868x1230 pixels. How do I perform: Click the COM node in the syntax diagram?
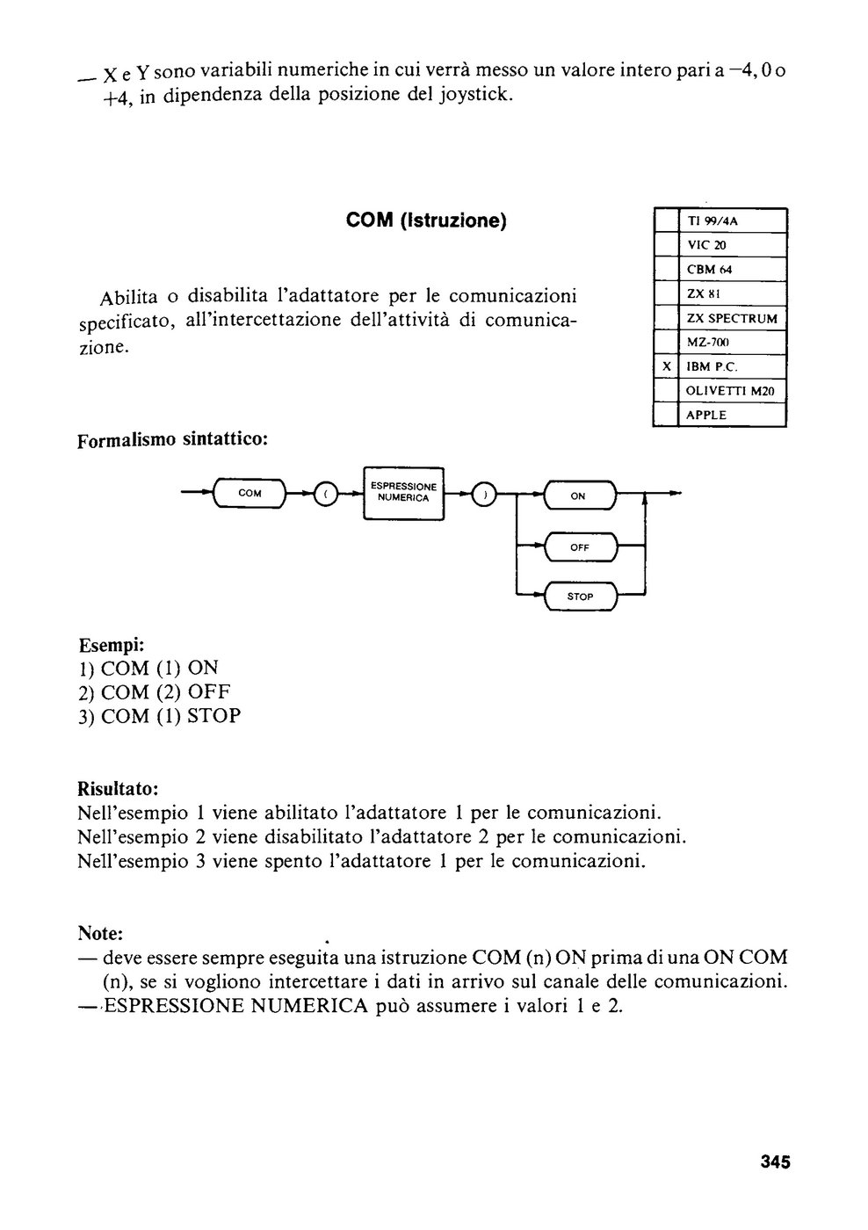(250, 493)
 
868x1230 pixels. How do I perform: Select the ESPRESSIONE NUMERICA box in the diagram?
(403, 493)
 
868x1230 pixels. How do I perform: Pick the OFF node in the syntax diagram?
(581, 546)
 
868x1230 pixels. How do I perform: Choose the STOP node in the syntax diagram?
(581, 597)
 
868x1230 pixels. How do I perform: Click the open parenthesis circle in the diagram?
(325, 494)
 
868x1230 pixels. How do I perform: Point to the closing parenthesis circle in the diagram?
(484, 494)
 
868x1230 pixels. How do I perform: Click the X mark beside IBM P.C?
(667, 366)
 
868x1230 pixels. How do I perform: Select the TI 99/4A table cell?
(733, 221)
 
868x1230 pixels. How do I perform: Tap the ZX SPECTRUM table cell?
(733, 318)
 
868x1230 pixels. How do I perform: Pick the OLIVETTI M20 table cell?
(733, 391)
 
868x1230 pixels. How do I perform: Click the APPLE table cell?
(733, 415)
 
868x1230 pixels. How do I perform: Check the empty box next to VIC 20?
(667, 245)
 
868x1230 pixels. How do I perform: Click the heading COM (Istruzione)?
(426, 221)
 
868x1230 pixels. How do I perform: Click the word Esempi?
(112, 644)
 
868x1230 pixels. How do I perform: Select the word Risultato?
(118, 789)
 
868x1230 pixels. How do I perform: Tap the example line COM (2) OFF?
(155, 692)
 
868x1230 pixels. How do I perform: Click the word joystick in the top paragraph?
(476, 95)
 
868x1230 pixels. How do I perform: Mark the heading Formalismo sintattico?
(172, 440)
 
